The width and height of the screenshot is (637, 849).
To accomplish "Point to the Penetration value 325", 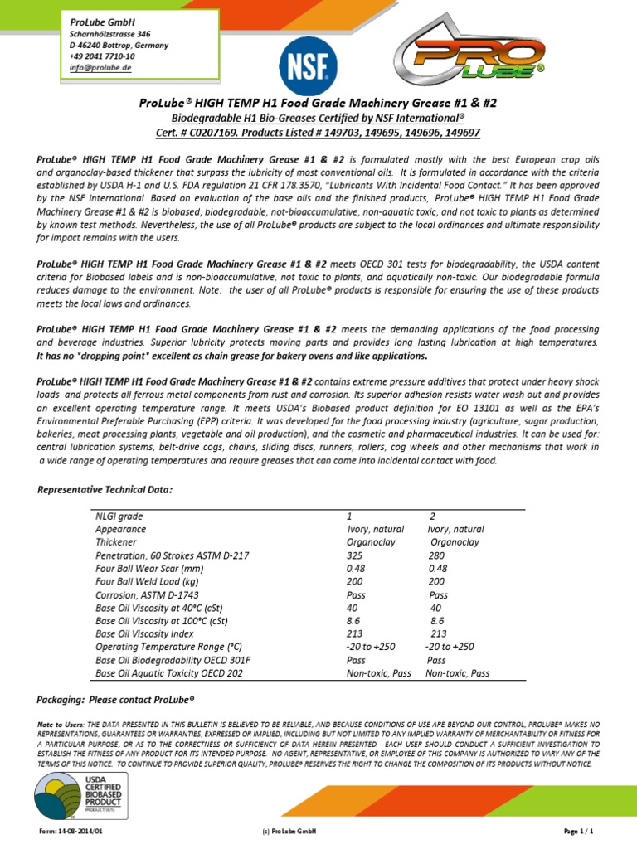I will tap(355, 555).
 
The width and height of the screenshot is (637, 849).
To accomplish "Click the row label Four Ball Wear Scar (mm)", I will tap(149, 568).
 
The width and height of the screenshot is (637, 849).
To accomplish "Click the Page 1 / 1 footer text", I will tap(579, 831).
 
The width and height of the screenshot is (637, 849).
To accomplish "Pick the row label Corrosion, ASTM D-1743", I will tap(147, 594).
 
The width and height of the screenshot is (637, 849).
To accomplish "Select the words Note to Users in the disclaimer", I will tap(61, 724).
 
